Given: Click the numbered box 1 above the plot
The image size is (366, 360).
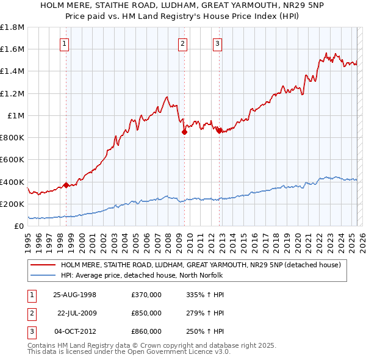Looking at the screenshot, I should point(65,43).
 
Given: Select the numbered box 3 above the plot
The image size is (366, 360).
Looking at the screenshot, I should point(218,43).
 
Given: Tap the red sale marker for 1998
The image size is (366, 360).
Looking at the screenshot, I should point(65,185).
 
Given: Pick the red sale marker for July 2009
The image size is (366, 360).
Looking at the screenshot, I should point(184,132).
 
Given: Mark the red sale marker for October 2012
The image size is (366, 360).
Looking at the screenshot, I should point(218,129).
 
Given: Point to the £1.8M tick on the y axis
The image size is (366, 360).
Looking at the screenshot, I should point(13,27).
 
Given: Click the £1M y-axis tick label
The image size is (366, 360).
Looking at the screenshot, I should point(15,115).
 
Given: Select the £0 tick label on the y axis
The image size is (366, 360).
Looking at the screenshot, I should point(19,226).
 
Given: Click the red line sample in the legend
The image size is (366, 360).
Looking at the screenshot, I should point(43,265).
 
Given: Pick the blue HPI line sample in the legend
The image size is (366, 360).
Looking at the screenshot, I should point(43,275).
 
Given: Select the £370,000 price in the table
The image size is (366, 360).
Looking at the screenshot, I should point(146,295).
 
